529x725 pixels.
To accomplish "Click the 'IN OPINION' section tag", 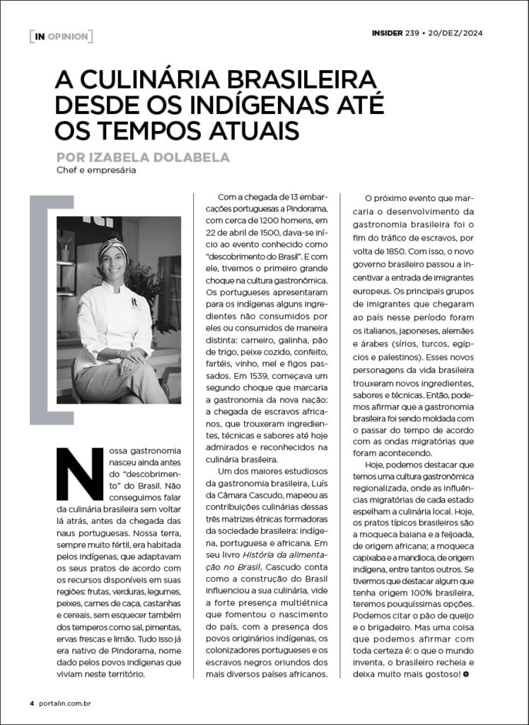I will pos(61,36).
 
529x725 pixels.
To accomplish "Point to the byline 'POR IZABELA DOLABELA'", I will pos(145,156).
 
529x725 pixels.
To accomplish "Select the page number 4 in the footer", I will pos(32,703).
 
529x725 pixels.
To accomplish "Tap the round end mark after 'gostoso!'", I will pos(465,673).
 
